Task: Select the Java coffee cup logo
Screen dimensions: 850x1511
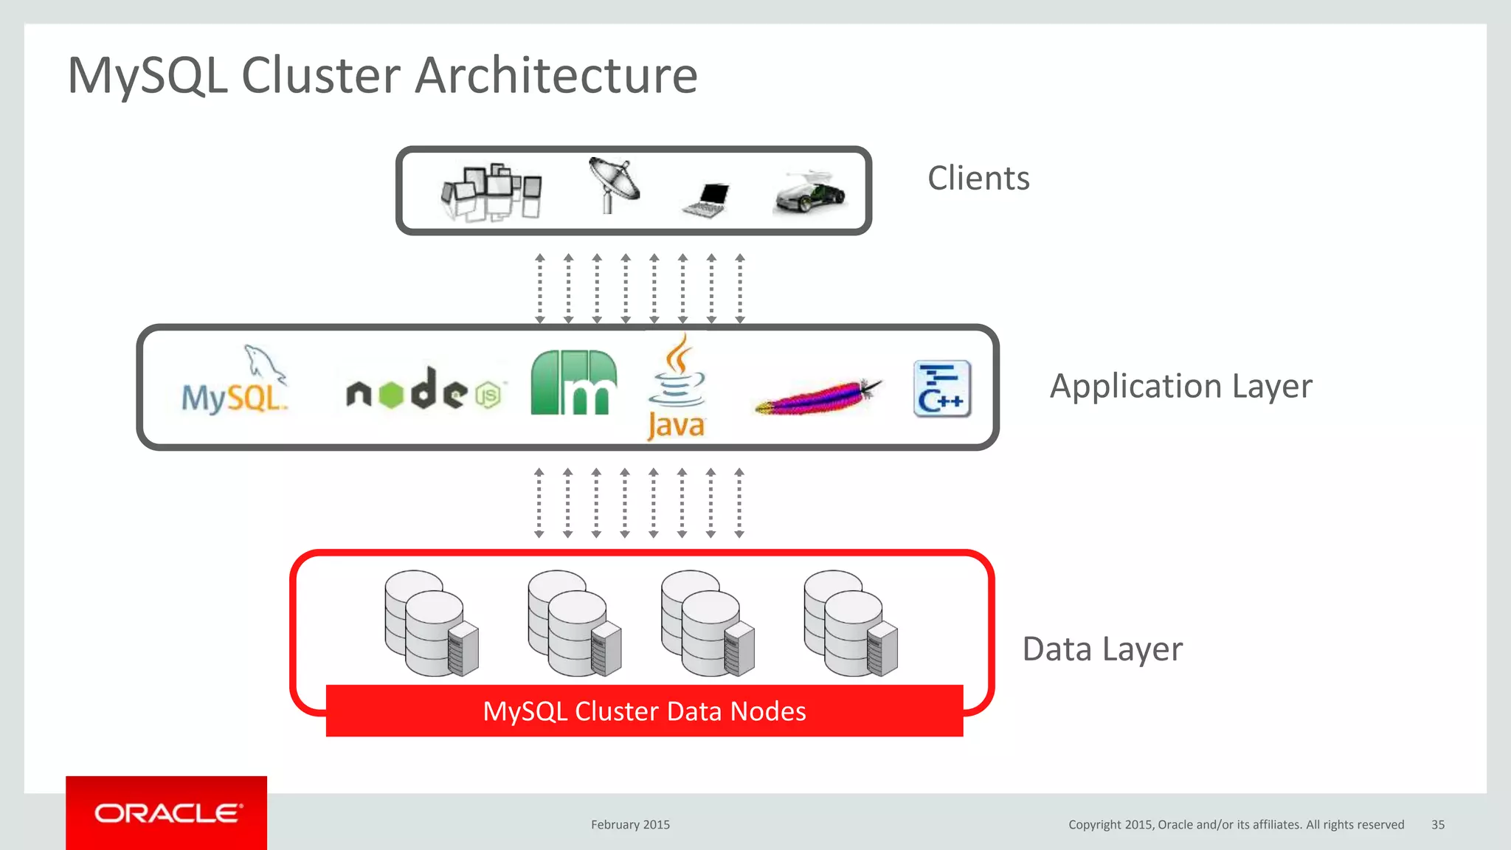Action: coord(676,387)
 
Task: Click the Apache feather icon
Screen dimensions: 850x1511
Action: coord(817,396)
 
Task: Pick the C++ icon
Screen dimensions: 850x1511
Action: coord(942,389)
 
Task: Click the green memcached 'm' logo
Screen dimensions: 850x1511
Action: coord(573,384)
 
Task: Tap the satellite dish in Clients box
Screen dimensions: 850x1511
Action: coord(613,184)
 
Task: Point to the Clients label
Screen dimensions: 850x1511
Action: coord(978,179)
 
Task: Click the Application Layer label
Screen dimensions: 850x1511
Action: coord(1180,386)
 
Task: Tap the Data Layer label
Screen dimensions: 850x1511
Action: coord(1102,649)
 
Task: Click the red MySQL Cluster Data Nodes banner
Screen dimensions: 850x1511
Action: coord(644,711)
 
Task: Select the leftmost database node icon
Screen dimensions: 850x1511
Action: coord(432,623)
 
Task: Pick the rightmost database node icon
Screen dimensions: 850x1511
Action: coord(851,623)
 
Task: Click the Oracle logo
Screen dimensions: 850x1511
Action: coord(167,813)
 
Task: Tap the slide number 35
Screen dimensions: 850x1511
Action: coord(1437,825)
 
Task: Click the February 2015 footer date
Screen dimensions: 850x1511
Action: coord(630,825)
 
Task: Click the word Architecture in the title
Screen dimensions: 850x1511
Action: coord(556,76)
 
